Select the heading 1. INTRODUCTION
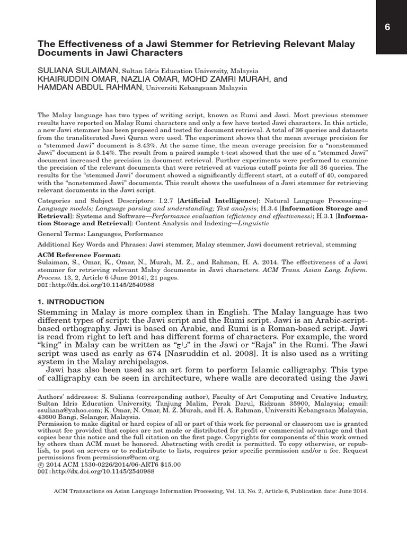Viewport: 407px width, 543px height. point(66,301)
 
